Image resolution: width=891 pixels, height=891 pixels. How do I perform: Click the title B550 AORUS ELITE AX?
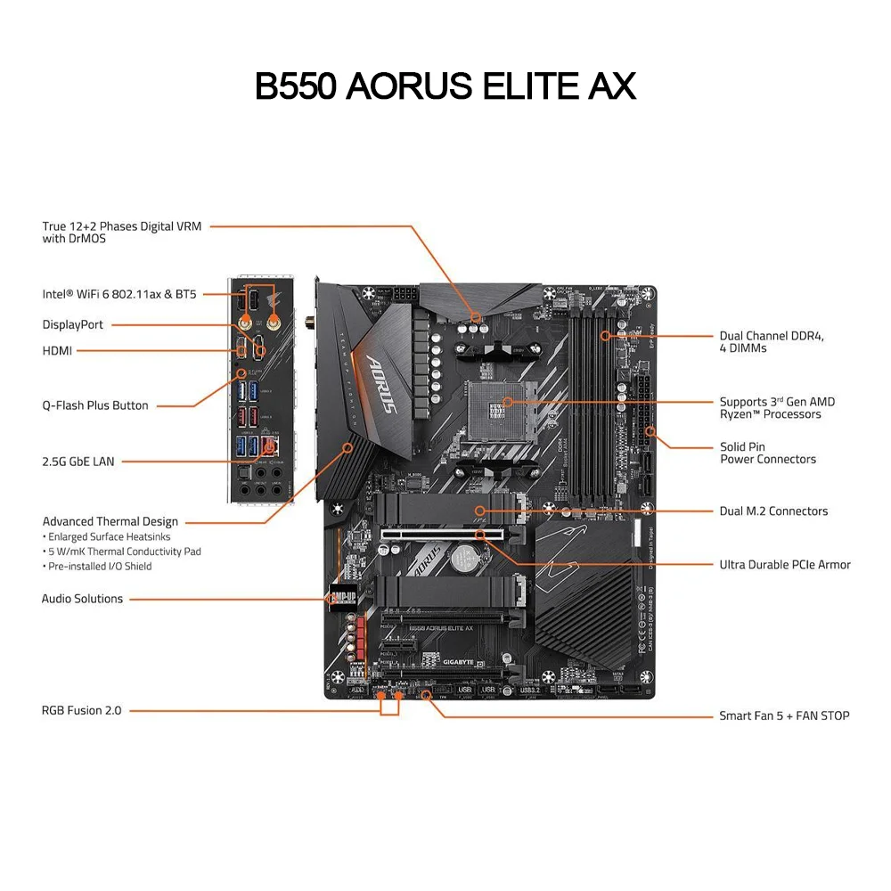[x=445, y=86]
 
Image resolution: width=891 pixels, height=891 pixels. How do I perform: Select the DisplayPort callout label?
[x=73, y=325]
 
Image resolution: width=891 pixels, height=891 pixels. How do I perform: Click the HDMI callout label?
[x=57, y=351]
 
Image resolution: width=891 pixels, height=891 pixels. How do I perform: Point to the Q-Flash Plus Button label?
[x=95, y=405]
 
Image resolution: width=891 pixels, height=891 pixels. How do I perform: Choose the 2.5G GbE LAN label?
[x=78, y=462]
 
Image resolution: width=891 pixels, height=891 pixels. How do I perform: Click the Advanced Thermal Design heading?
[x=110, y=522]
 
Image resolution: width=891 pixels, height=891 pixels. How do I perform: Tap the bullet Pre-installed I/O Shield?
[x=100, y=567]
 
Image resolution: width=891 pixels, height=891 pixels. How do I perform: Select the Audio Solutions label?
[x=82, y=599]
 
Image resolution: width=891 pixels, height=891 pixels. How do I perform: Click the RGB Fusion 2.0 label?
[x=81, y=711]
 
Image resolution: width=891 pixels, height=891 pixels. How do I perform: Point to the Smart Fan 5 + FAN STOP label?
[x=784, y=715]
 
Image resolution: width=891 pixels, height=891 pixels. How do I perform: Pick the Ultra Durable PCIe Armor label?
[x=785, y=565]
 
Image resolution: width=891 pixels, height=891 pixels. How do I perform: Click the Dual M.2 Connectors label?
[x=773, y=511]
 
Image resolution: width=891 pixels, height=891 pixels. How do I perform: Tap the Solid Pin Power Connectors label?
[x=767, y=453]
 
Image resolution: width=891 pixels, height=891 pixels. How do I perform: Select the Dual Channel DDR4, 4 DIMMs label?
[x=772, y=342]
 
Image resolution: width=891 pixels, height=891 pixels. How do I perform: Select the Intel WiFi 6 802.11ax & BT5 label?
[x=119, y=294]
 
